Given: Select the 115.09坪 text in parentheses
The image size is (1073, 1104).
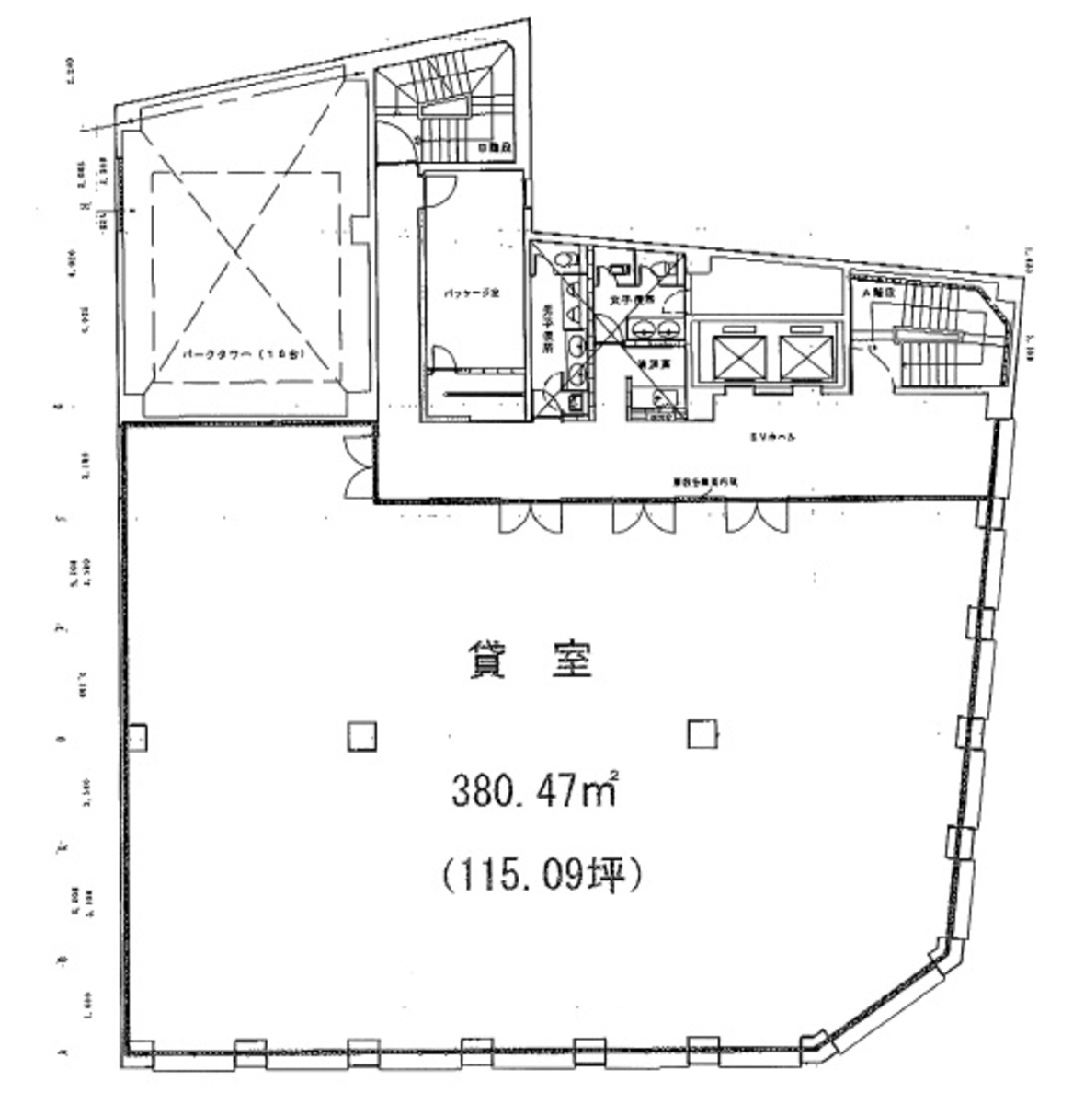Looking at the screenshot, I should [x=540, y=873].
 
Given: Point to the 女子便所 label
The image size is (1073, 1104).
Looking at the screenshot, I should [x=634, y=300].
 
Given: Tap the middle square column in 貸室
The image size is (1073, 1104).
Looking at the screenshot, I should [x=361, y=735].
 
